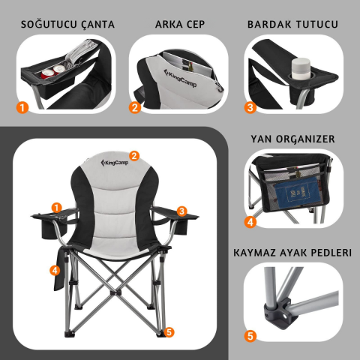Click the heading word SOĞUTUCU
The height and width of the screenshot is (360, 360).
tap(43, 24)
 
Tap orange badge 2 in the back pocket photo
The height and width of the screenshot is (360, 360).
tap(136, 107)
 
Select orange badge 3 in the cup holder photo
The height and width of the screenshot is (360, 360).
tap(250, 107)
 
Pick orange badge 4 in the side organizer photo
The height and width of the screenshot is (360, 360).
tap(250, 222)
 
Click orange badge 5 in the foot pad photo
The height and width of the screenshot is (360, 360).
tap(250, 337)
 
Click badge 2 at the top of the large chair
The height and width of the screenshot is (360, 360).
tap(134, 155)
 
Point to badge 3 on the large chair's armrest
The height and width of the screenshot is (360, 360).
tap(181, 211)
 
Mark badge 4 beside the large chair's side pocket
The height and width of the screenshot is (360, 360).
tap(55, 269)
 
